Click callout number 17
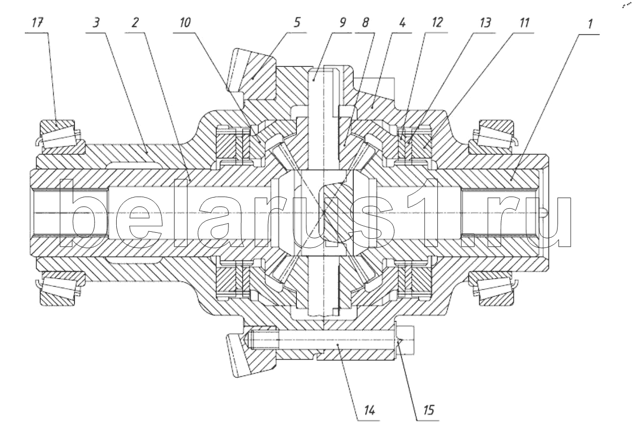pyautogui.click(x=37, y=23)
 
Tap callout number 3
pyautogui.click(x=96, y=23)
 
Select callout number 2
pyautogui.click(x=135, y=23)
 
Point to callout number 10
pyautogui.click(x=185, y=23)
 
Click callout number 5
pyautogui.click(x=297, y=23)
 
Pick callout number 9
pyautogui.click(x=342, y=23)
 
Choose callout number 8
pyautogui.click(x=365, y=23)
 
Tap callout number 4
pyautogui.click(x=403, y=23)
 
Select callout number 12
pyautogui.click(x=437, y=23)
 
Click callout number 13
pyautogui.click(x=485, y=23)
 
